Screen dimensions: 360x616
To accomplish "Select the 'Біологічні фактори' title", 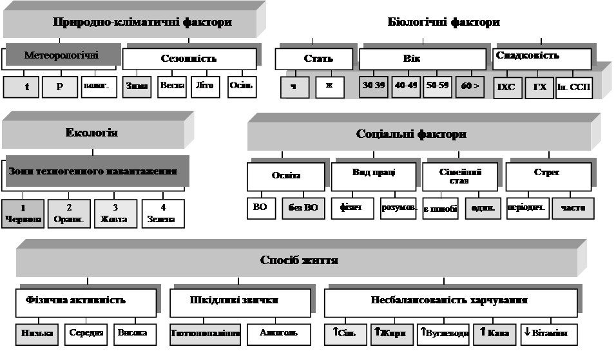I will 444,23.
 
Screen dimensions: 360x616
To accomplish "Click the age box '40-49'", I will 407,86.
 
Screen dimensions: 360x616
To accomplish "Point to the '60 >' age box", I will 470,86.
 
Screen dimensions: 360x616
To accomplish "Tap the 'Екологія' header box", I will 91,134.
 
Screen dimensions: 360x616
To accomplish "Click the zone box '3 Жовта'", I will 116,213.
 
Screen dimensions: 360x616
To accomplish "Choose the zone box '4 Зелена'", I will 163,213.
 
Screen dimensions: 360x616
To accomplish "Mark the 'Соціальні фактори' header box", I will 419,135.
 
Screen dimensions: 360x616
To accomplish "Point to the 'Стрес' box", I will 548,176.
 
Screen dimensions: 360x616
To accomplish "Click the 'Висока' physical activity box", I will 133,334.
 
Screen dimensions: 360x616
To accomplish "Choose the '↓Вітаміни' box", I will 548,334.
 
